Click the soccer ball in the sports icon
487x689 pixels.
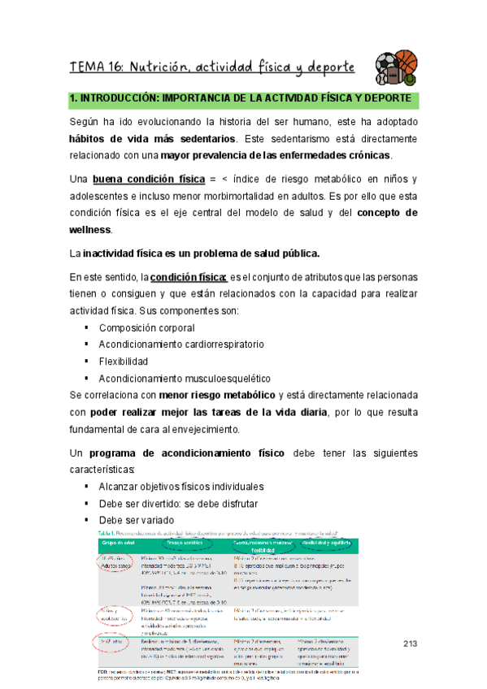click(x=388, y=64)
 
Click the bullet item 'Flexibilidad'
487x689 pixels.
click(x=123, y=362)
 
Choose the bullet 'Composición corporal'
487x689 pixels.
click(x=146, y=327)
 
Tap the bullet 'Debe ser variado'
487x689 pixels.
click(x=136, y=521)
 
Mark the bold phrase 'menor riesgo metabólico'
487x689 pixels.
click(x=220, y=396)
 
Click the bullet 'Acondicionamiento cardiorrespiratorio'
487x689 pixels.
click(x=180, y=344)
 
